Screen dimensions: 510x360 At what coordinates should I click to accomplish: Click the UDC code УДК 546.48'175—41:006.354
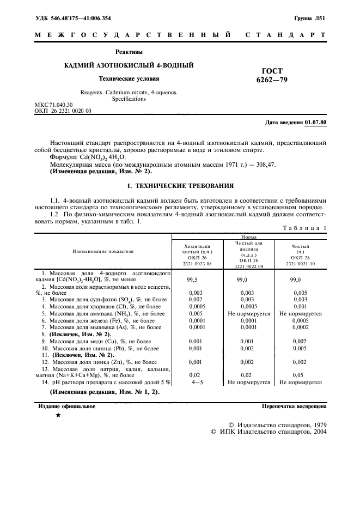(73, 19)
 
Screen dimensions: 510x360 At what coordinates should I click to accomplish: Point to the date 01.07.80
(316, 123)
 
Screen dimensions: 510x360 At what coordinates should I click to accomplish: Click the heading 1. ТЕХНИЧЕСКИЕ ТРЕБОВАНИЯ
(180, 185)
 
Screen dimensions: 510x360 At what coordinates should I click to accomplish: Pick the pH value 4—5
(192, 383)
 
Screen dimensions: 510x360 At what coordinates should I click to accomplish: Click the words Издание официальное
(66, 406)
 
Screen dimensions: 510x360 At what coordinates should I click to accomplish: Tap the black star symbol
(58, 416)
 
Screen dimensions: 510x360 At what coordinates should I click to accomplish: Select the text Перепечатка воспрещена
(294, 406)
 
